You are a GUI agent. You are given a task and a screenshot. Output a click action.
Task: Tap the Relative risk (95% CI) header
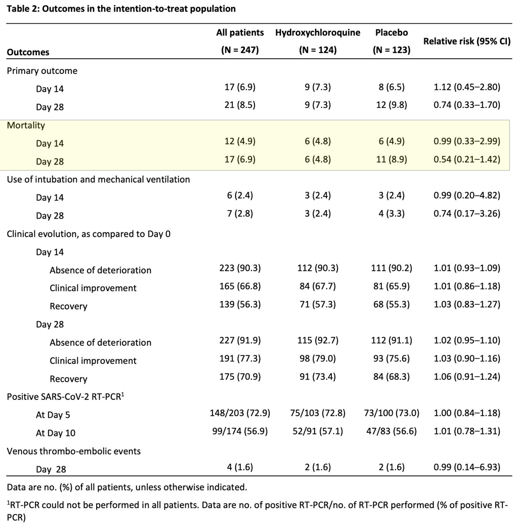pos(466,42)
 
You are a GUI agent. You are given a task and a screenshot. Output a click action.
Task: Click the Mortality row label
pos(26,126)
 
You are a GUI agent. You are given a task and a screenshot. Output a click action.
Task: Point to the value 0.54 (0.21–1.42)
pos(466,159)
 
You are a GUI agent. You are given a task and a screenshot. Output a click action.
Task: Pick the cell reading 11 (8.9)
pos(392,159)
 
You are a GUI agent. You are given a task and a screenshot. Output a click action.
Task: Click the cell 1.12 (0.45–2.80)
pos(466,87)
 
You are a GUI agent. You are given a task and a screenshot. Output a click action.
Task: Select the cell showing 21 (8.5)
pos(240,105)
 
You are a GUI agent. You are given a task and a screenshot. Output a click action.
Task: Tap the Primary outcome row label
pos(42,71)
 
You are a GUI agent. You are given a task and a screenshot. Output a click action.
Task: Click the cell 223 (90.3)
pos(240,268)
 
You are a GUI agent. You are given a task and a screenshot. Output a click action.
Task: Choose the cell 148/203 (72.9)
pos(240,413)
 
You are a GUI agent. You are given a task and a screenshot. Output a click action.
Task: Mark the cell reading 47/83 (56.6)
pos(392,431)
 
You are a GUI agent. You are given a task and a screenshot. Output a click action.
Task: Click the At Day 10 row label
pos(56,433)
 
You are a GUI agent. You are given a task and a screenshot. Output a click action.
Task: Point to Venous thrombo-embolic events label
pos(73,451)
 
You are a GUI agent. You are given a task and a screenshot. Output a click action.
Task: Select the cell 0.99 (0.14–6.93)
pos(466,467)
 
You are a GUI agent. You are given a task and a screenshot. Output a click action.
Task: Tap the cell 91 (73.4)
pos(318,377)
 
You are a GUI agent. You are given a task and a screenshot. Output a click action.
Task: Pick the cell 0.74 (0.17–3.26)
pos(466,214)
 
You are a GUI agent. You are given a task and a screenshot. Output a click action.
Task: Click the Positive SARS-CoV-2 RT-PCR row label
pos(65,396)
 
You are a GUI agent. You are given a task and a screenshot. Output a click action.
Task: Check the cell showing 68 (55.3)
pos(392,304)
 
